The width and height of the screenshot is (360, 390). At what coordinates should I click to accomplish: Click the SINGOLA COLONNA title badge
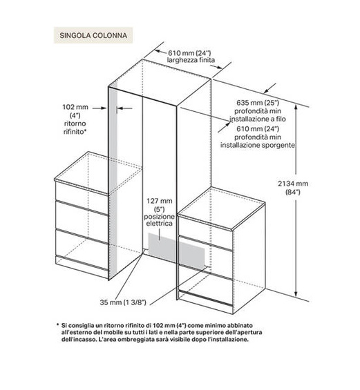(91, 33)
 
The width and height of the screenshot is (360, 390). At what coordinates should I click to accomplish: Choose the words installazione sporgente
(258, 145)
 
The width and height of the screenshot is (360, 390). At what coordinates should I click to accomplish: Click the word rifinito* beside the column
(73, 130)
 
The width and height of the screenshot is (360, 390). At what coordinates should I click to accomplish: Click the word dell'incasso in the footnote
(76, 340)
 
